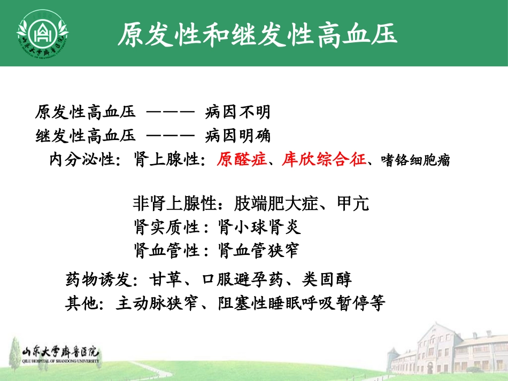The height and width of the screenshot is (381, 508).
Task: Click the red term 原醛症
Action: tap(241, 160)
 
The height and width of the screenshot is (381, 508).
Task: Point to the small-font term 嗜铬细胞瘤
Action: tap(415, 160)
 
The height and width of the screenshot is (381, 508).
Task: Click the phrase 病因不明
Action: tap(238, 113)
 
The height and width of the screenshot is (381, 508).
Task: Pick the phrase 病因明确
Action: tap(238, 136)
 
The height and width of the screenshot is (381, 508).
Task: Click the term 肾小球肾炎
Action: tap(260, 228)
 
